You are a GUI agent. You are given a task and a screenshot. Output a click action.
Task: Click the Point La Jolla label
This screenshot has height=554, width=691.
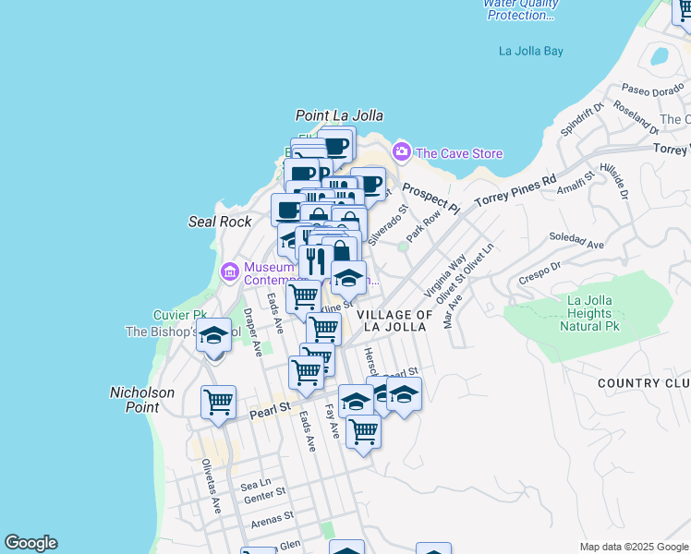[339, 116]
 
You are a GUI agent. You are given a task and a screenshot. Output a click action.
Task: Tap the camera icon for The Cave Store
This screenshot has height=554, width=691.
[401, 151]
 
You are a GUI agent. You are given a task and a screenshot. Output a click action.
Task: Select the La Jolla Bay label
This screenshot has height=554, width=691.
[530, 52]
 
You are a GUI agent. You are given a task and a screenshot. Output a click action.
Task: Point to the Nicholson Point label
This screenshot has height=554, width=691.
[142, 400]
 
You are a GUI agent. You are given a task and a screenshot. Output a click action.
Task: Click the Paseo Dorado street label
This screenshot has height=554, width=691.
[650, 90]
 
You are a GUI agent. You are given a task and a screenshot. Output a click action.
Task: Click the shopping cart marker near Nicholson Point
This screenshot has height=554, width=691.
[218, 403]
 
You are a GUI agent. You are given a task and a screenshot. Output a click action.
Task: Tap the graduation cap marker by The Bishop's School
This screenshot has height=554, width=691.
[214, 337]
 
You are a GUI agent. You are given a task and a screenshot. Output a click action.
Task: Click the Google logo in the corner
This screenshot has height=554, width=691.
[30, 543]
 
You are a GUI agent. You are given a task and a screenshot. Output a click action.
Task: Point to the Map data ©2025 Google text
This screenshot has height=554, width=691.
[634, 548]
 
